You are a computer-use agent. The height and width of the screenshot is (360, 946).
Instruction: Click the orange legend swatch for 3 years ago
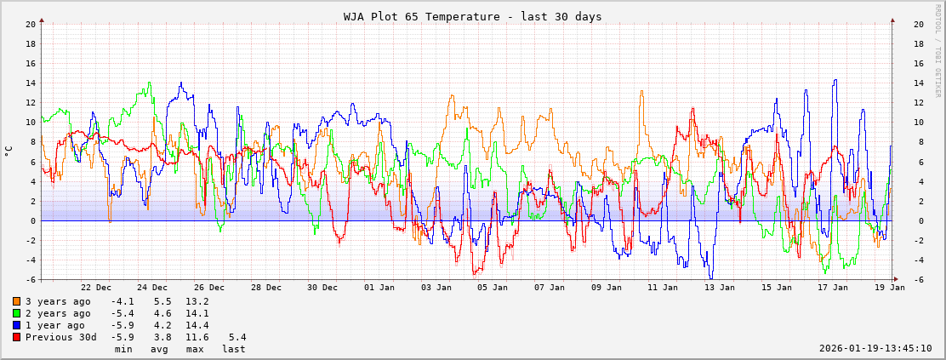17,301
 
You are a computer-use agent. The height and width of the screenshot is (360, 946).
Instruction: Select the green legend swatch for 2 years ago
17,313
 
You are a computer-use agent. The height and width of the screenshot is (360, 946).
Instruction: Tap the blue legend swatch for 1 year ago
17,325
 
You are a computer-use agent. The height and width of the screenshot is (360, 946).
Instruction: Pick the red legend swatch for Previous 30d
17,337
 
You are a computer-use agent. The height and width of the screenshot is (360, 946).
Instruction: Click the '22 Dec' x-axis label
96,288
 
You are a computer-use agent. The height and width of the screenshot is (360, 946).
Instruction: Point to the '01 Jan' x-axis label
379,288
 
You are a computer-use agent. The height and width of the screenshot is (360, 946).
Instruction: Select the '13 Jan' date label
720,288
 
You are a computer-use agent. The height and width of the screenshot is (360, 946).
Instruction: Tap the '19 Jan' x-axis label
890,288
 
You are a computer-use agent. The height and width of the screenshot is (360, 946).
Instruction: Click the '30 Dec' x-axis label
322,288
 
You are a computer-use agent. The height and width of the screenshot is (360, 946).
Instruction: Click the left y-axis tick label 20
29,24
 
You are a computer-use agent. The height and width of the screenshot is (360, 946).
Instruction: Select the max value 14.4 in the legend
197,325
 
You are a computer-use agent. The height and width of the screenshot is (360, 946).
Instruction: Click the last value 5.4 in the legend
237,337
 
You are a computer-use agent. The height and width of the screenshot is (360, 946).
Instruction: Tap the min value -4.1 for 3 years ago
123,301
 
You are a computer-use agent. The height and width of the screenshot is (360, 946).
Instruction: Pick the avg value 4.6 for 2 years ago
160,313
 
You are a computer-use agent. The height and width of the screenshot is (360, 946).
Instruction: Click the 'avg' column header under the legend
160,349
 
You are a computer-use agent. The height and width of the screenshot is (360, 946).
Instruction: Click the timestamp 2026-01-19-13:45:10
875,348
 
